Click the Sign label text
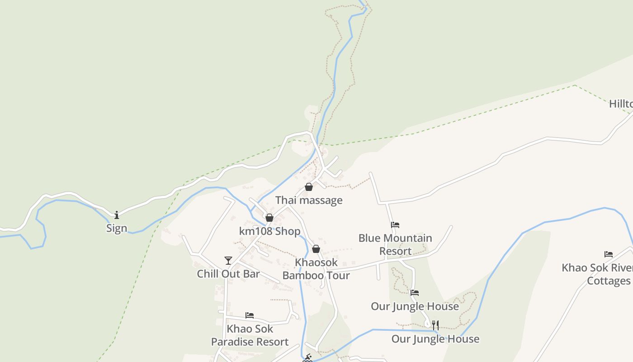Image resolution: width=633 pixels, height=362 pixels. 117,228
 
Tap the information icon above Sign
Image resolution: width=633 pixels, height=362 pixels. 117,215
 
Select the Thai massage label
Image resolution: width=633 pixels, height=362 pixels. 309,200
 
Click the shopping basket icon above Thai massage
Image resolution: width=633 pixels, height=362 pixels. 309,187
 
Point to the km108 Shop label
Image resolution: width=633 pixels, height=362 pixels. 269,231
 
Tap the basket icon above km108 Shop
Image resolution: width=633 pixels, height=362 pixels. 269,218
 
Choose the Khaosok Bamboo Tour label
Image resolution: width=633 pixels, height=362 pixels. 316,269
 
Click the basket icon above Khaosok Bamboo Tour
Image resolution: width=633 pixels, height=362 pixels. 316,249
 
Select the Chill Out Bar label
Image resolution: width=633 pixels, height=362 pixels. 228,274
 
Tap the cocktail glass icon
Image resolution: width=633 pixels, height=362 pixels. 228,260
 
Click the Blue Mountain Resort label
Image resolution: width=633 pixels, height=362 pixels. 395,244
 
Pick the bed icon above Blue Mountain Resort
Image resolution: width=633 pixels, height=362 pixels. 395,224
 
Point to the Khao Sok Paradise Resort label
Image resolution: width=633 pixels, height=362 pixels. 250,335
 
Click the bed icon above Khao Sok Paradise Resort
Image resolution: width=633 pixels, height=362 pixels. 250,315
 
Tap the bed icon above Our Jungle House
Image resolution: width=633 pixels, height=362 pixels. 414,293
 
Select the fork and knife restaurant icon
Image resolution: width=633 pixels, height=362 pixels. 435,325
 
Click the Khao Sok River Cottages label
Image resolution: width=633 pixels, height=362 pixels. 597,274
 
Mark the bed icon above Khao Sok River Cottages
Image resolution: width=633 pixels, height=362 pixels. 609,254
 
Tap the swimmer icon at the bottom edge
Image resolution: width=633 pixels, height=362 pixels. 308,358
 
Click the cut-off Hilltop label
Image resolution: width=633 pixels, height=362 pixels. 620,104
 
